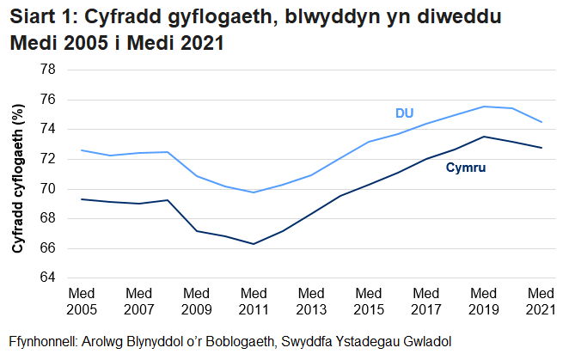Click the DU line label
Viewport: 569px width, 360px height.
tap(405, 113)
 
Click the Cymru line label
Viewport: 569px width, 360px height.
tap(466, 168)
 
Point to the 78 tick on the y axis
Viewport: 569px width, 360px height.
tap(47, 70)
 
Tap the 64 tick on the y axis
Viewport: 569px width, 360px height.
tap(47, 278)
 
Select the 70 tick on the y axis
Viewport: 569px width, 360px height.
tap(47, 189)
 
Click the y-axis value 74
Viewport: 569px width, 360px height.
tap(47, 129)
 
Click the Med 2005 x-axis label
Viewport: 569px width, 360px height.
tap(81, 300)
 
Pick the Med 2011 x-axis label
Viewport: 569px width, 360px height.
tap(254, 300)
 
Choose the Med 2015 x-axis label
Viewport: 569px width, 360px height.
tap(369, 300)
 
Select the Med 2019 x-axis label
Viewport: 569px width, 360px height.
tap(484, 300)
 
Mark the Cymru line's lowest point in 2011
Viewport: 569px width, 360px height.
tap(254, 244)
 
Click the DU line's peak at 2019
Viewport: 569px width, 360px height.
tap(484, 107)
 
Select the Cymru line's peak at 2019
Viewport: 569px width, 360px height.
tap(484, 137)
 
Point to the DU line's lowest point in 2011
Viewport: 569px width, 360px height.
tap(254, 192)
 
